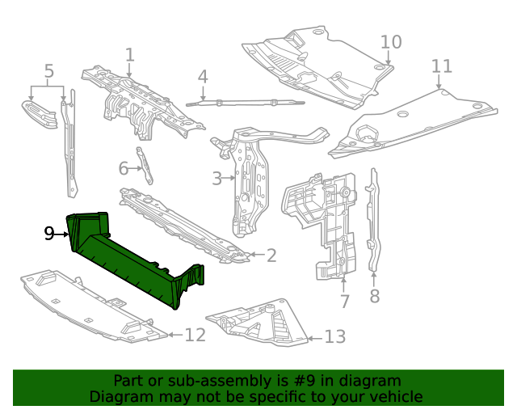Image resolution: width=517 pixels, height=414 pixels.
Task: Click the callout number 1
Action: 129,54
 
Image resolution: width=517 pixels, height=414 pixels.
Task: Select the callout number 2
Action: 271,256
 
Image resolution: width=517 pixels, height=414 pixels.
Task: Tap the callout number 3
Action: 216,178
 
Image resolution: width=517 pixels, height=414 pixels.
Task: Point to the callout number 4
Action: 203,77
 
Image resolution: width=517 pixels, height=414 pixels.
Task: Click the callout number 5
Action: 48,71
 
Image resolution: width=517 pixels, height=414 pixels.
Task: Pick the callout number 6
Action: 124,168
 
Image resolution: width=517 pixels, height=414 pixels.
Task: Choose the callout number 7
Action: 344,302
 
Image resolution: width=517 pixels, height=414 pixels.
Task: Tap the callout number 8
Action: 374,297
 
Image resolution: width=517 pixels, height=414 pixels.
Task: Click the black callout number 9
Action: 50,234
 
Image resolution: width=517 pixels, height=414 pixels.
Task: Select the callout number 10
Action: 390,42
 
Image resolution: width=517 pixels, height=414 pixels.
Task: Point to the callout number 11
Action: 441,65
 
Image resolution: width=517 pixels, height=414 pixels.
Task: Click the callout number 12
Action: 195,334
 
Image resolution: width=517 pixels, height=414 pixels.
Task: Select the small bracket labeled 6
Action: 146,167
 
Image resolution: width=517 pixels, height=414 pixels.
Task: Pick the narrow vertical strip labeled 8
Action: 372,218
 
